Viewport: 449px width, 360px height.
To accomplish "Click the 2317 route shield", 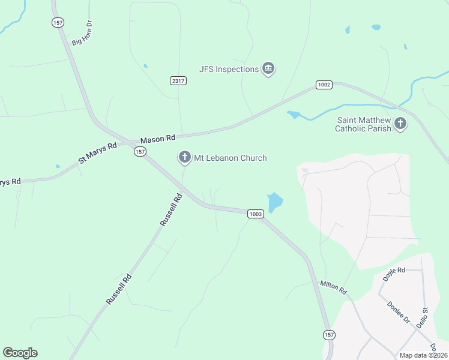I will pos(178,80).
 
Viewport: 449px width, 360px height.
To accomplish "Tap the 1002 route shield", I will pos(324,85).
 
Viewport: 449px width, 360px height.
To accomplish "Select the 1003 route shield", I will pos(255,214).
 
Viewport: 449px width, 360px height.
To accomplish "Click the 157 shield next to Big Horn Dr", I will pos(58,22).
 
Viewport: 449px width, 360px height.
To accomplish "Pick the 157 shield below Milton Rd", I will pos(328,334).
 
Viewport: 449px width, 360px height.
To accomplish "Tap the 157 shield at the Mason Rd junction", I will pos(140,152).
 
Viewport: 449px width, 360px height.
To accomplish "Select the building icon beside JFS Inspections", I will pos(268,69).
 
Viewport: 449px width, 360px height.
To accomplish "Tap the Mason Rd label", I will pos(158,139).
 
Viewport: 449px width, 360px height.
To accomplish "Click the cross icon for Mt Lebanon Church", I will pos(184,158).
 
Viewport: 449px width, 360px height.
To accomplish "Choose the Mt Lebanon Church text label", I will pos(230,158).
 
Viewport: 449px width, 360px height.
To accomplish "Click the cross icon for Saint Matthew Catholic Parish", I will pos(400,124).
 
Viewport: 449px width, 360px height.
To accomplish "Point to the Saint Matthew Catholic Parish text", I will pos(363,124).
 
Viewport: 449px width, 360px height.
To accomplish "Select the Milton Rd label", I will pos(334,287).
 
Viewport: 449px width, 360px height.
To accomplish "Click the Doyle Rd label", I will pos(394,274).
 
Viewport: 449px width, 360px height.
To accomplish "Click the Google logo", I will pos(20,353).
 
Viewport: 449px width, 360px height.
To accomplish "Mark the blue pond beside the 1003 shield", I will pos(274,202).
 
